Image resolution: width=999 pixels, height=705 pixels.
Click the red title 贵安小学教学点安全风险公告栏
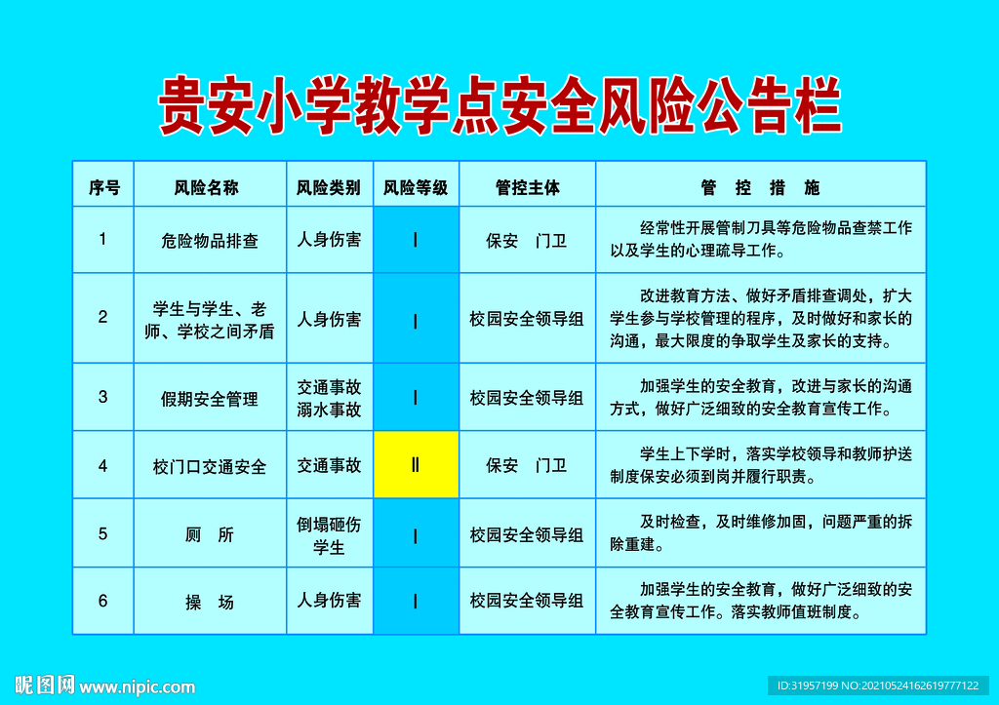click(499, 104)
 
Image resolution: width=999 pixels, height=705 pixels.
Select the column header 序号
click(103, 187)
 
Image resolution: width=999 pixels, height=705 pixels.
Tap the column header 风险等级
click(416, 187)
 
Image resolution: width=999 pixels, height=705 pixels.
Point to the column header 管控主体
click(527, 187)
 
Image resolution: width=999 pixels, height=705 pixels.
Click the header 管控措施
click(760, 187)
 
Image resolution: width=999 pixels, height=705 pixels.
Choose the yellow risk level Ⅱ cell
click(416, 465)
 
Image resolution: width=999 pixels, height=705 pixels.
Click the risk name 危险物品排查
click(210, 240)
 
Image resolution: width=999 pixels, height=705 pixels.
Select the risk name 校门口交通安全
click(210, 466)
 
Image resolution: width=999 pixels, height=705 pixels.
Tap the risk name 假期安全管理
click(210, 398)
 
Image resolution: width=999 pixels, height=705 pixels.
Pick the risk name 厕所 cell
click(210, 534)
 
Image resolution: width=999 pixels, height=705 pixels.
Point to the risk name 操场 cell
click(210, 602)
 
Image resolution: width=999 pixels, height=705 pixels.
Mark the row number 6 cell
click(103, 601)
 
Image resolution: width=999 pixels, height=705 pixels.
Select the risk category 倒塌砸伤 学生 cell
click(330, 535)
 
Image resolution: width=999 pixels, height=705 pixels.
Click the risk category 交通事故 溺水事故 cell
click(330, 398)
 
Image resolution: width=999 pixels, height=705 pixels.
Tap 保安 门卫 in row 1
click(527, 240)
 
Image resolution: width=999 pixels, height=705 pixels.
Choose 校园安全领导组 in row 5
click(527, 534)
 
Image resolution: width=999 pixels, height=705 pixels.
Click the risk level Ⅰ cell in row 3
click(416, 397)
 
